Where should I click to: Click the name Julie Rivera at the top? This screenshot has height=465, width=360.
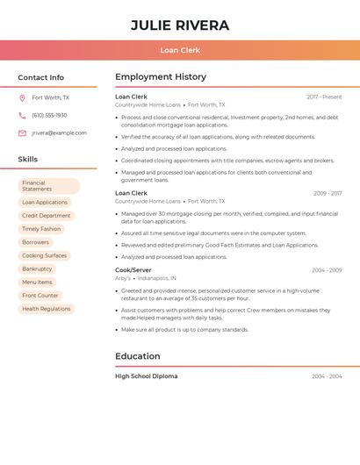[180, 25]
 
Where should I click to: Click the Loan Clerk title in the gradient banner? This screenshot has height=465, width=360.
[180, 50]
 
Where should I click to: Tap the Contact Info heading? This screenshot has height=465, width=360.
[41, 77]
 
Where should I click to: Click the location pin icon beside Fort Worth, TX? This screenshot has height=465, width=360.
[22, 97]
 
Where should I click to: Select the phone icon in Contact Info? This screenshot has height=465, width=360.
[22, 115]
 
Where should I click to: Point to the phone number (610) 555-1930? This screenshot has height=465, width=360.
[49, 115]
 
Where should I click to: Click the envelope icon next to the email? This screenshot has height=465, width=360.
[22, 133]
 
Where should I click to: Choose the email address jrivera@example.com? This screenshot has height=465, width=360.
[59, 133]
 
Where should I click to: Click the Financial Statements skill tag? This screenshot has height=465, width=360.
[49, 186]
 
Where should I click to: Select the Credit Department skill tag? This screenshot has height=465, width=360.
[47, 216]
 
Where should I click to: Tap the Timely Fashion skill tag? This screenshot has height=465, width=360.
[41, 229]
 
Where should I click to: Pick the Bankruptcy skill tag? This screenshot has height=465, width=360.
[37, 268]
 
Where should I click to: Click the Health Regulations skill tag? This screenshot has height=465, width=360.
[47, 309]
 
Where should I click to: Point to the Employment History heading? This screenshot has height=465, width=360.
[161, 77]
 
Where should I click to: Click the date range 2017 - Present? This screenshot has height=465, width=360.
[324, 97]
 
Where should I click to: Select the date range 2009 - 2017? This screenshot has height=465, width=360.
[328, 193]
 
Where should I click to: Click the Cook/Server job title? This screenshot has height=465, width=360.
[133, 270]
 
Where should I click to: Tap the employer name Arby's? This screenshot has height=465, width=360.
[123, 278]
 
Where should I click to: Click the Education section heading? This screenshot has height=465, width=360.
[138, 356]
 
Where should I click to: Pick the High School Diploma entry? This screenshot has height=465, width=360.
[147, 376]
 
